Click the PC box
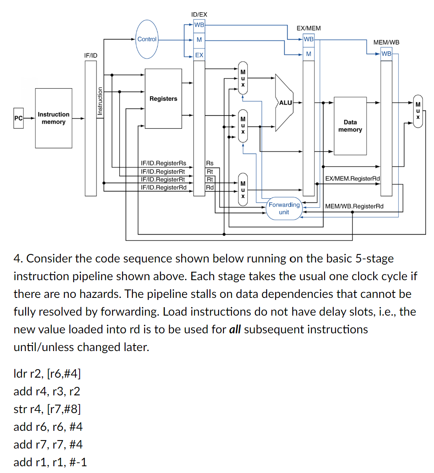tap(18, 118)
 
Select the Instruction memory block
tap(54, 118)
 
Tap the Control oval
tap(147, 39)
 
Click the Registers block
tap(163, 99)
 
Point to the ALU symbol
tap(285, 103)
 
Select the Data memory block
tap(350, 126)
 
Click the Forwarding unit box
tap(284, 208)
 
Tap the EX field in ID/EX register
tap(199, 55)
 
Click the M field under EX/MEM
tap(308, 54)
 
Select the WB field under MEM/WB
tap(386, 54)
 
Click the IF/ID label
tap(91, 55)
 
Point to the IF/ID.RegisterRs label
tap(163, 163)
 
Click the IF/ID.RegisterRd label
tap(163, 187)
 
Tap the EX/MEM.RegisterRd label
tap(352, 179)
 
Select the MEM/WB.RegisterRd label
tap(354, 206)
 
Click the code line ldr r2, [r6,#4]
tap(48, 373)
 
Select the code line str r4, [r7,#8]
tap(47, 409)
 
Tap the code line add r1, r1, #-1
tap(50, 462)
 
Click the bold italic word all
tap(235, 330)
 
